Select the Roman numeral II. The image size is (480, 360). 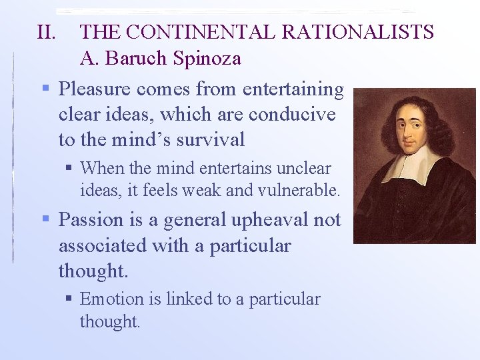tap(47, 32)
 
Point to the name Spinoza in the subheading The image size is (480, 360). tap(207, 59)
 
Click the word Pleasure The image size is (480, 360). tap(96, 89)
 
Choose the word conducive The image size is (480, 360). tap(292, 114)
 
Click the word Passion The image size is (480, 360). tap(91, 219)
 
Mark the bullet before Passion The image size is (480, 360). tap(45, 219)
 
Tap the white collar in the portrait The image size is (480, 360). tap(413, 163)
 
